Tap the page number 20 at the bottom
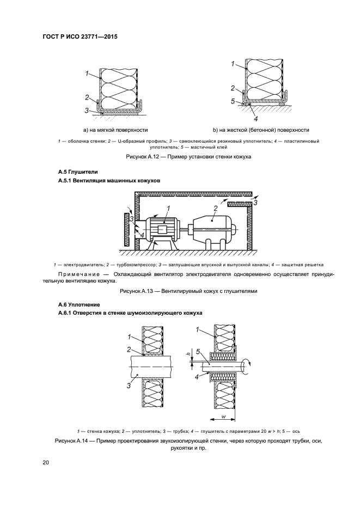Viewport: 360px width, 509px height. tap(46, 462)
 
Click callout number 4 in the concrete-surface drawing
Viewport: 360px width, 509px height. tap(255, 118)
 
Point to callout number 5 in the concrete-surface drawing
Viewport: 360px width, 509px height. tap(232, 101)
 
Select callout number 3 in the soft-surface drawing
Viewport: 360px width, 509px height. tap(86, 111)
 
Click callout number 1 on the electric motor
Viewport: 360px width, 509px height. tap(168, 207)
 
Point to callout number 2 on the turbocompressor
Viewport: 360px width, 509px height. tap(216, 208)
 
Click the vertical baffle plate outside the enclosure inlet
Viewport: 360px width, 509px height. tap(126, 230)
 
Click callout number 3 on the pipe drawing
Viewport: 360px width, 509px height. tap(129, 386)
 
